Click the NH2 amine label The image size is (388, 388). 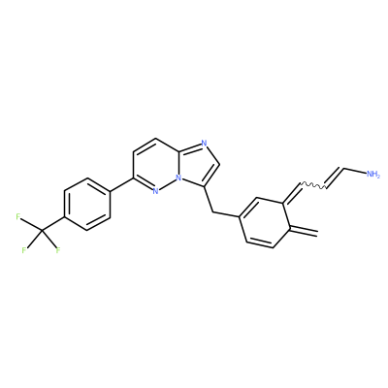[x=372, y=175]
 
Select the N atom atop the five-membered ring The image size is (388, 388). [x=204, y=143]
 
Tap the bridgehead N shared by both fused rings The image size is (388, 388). [x=178, y=178]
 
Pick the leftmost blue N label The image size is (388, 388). [x=155, y=191]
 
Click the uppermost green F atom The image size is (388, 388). [x=18, y=216]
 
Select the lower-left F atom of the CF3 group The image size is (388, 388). [x=24, y=250]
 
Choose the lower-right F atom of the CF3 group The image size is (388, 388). [x=58, y=249]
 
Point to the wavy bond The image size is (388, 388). [x=313, y=186]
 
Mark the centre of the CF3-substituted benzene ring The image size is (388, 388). [x=87, y=204]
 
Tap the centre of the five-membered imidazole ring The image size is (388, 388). [x=198, y=164]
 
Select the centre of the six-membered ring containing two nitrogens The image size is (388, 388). [x=156, y=165]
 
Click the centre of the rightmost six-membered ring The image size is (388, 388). [x=264, y=222]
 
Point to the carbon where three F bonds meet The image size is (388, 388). [x=42, y=230]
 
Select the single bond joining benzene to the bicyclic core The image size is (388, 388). [x=121, y=184]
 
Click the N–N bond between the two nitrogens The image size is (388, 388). [x=167, y=184]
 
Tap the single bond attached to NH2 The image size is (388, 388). [x=355, y=171]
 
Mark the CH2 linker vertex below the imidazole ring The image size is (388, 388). [x=212, y=212]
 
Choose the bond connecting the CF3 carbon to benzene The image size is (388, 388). [x=53, y=224]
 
